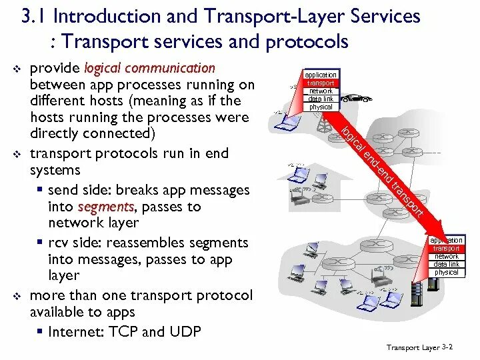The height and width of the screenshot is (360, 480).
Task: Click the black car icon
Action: pos(358,98)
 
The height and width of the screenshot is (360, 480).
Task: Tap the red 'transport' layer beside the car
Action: pos(321,83)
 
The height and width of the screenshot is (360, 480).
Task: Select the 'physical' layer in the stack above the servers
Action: pos(446,273)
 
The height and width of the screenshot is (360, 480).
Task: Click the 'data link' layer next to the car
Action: pos(321,99)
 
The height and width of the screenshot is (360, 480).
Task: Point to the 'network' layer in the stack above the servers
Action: pos(446,257)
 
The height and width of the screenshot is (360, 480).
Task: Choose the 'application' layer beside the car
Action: pos(321,75)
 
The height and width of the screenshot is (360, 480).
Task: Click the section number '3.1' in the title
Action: pos(34,16)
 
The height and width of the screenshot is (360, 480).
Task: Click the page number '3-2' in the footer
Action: pos(447,347)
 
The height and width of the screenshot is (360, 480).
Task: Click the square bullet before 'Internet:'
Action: pos(41,331)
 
